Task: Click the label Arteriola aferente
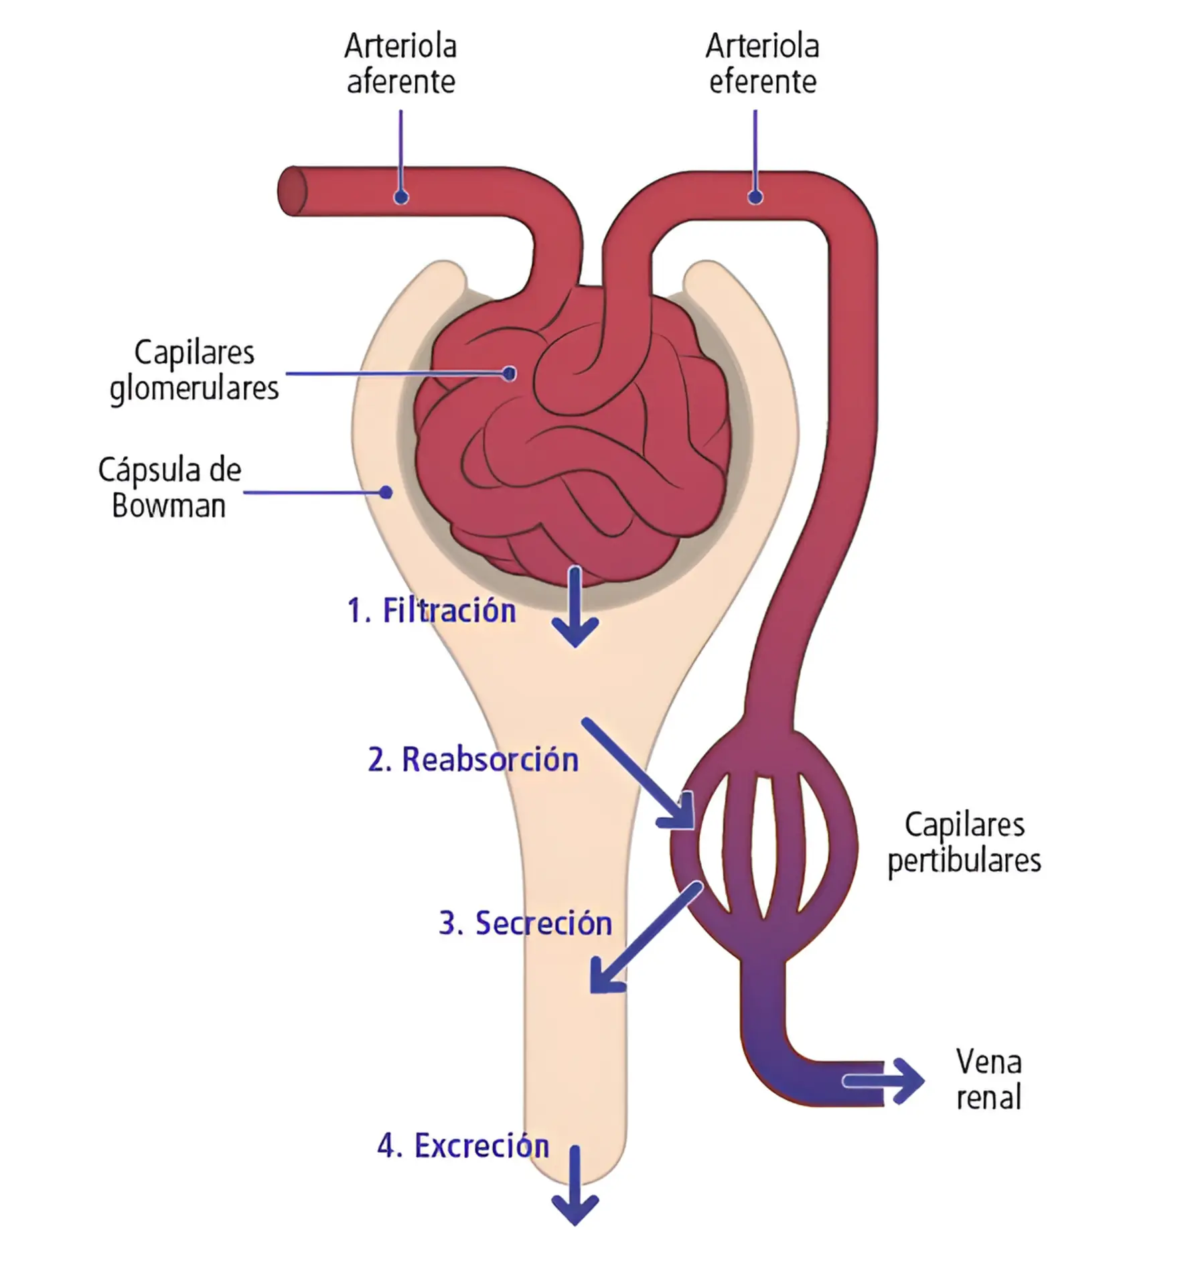[x=400, y=64]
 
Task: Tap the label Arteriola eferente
[x=762, y=64]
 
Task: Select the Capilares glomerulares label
[x=194, y=370]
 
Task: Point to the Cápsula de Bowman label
[x=169, y=488]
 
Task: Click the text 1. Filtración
[x=432, y=610]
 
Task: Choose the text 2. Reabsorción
[x=473, y=760]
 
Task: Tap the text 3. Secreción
[x=526, y=923]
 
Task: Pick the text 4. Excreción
[x=463, y=1145]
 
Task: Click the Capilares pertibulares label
[x=964, y=843]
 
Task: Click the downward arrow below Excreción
[x=575, y=1186]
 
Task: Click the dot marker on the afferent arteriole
[x=401, y=197]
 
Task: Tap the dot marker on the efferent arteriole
[x=755, y=197]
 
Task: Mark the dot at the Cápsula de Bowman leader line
[x=386, y=492]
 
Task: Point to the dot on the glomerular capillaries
[x=510, y=373]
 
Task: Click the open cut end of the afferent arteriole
[x=292, y=191]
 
